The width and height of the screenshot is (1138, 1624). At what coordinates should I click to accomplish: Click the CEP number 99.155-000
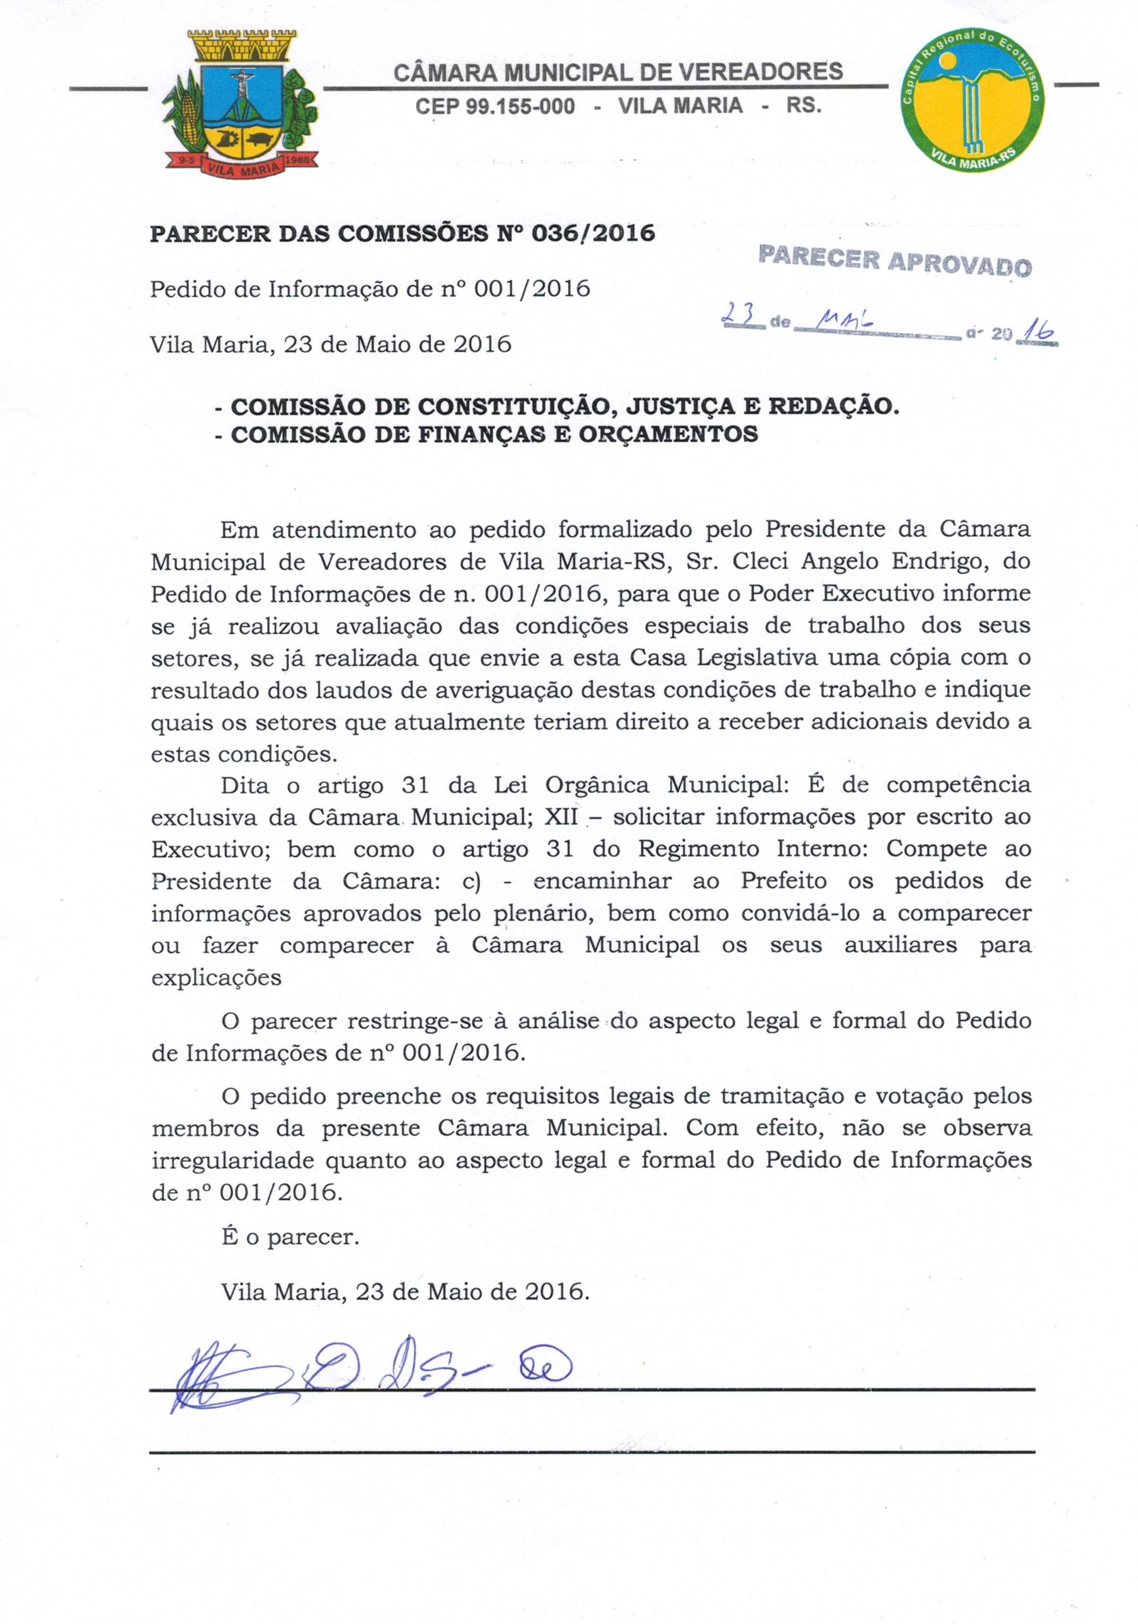click(495, 106)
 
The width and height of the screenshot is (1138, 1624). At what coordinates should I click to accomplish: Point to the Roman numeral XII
click(561, 817)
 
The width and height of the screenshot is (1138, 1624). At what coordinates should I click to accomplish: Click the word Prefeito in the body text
click(784, 881)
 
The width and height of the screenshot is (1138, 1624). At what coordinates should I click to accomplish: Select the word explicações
click(216, 978)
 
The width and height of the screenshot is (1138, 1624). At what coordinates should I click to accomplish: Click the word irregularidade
click(233, 1160)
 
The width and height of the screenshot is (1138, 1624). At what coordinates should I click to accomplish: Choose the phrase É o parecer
click(291, 1237)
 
